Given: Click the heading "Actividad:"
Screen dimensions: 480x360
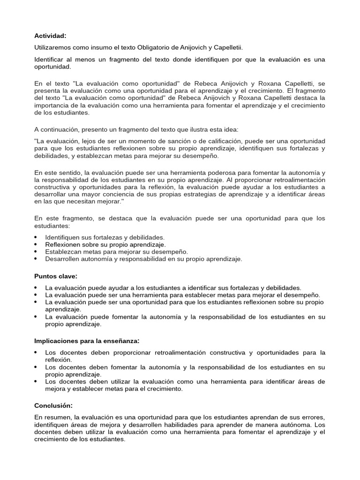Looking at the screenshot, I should [x=50, y=35].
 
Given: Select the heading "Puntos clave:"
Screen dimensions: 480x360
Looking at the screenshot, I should [x=55, y=276].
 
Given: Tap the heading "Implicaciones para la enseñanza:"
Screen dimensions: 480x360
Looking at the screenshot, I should [x=87, y=340].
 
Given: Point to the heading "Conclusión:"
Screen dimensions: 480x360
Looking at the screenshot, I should [x=53, y=405].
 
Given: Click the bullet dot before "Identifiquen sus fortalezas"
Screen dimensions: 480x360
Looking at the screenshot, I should [x=36, y=238].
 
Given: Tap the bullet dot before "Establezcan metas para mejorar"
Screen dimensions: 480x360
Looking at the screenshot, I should [x=36, y=252].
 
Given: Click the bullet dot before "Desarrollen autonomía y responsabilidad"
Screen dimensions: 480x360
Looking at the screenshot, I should [x=36, y=259].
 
